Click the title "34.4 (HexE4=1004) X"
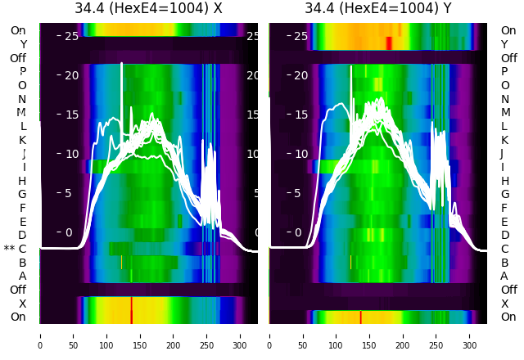pyautogui.click(x=148, y=9)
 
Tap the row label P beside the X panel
pyautogui.click(x=22, y=71)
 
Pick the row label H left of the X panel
pyautogui.click(x=22, y=181)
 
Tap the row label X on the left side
pyautogui.click(x=22, y=304)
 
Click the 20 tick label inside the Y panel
pyautogui.click(x=300, y=75)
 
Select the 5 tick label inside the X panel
pyautogui.click(x=69, y=193)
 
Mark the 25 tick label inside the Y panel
pyautogui.click(x=300, y=36)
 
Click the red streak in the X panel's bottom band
pyautogui.click(x=131, y=310)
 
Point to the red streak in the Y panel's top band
pyautogui.click(x=389, y=42)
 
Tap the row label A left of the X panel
pyautogui.click(x=22, y=277)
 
